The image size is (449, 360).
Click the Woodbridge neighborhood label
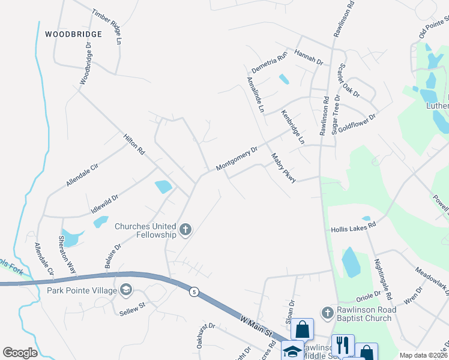(x=73, y=34)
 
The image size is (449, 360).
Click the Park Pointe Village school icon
(x=125, y=290)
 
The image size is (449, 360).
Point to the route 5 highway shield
(x=194, y=292)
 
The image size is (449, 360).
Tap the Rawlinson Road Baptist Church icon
(x=327, y=312)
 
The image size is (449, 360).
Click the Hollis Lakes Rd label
(x=354, y=226)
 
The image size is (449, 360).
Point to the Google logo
(x=19, y=353)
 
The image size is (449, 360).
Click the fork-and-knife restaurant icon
(x=343, y=345)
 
